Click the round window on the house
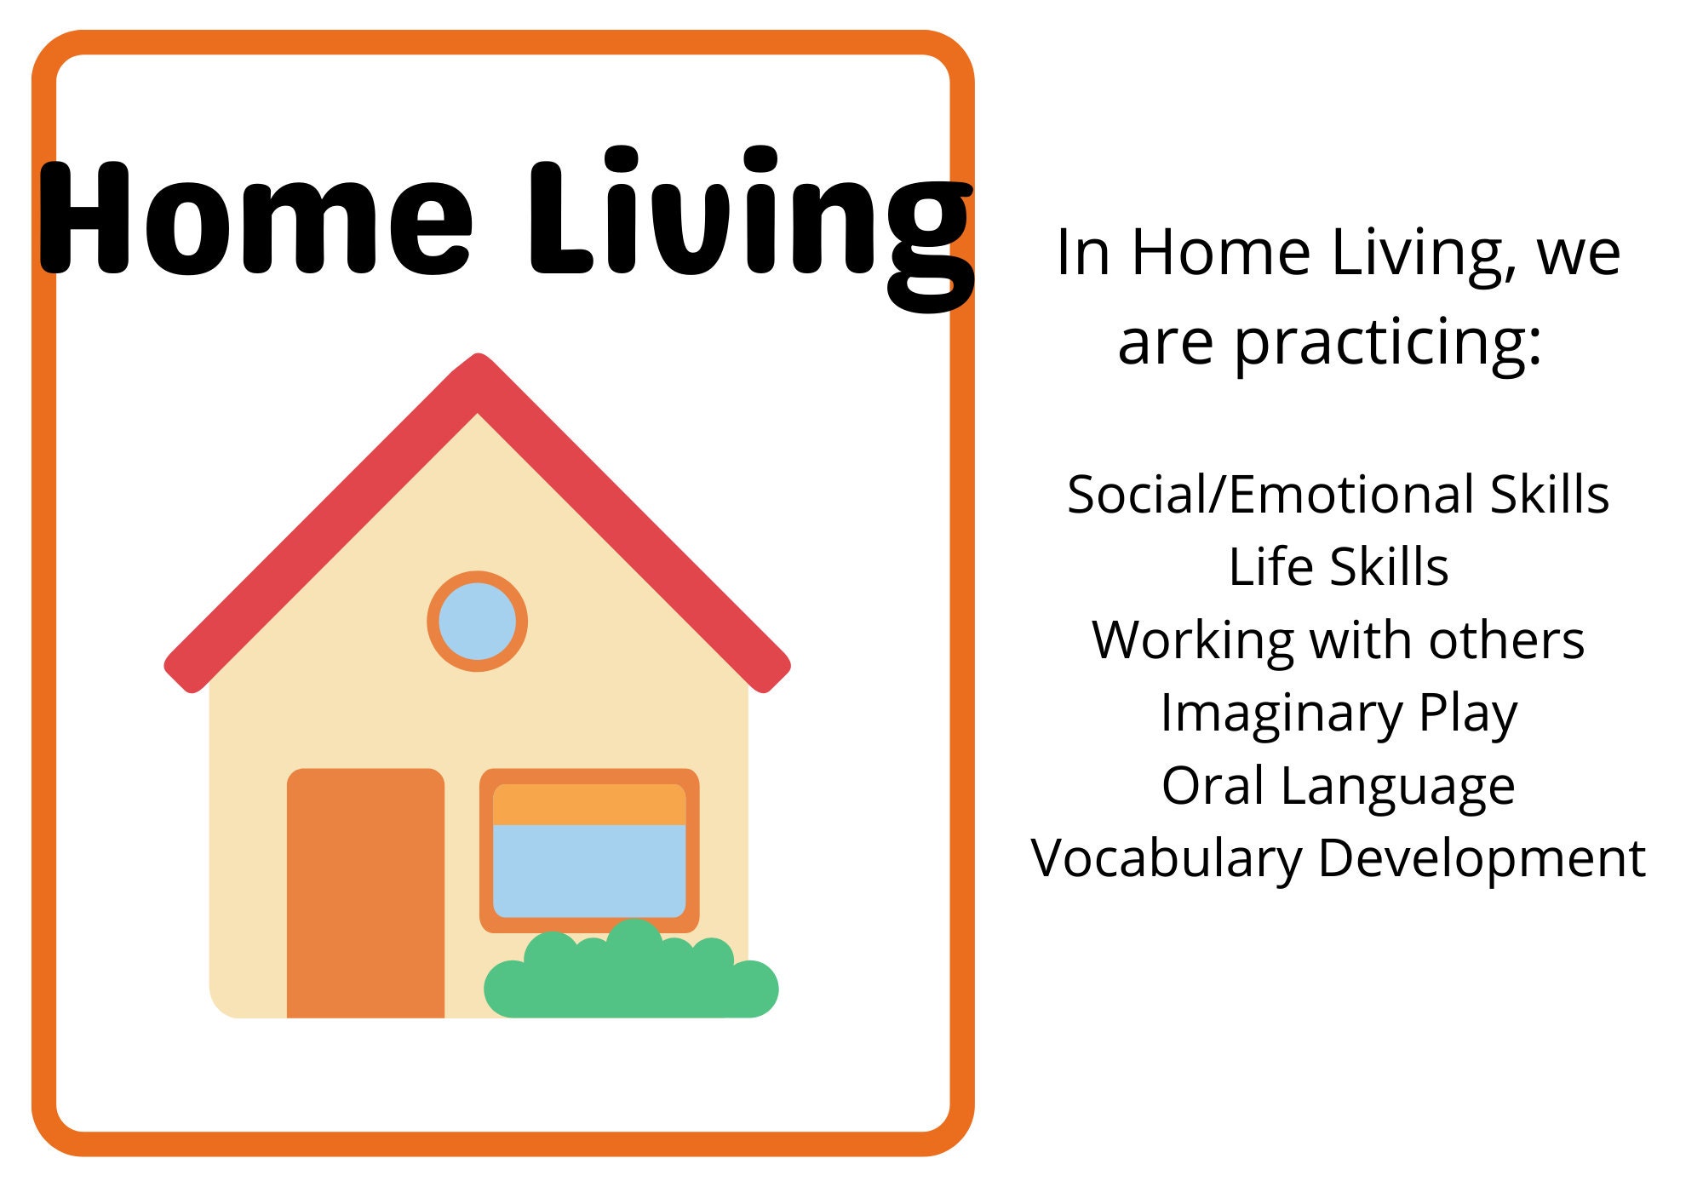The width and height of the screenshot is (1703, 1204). (x=477, y=621)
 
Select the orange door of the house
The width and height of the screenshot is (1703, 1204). (x=365, y=893)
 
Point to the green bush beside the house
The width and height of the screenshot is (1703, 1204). (x=631, y=971)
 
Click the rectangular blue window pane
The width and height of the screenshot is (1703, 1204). (x=589, y=870)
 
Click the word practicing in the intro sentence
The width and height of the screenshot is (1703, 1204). (x=1388, y=344)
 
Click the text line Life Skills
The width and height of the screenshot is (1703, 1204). (x=1339, y=567)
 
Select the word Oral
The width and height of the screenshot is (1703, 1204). (x=1213, y=785)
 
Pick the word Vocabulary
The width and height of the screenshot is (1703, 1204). (x=1167, y=859)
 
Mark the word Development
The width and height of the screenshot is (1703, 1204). (x=1482, y=859)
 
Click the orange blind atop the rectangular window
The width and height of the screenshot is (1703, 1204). (x=589, y=805)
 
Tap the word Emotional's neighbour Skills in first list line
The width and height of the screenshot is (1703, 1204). (x=1550, y=495)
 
